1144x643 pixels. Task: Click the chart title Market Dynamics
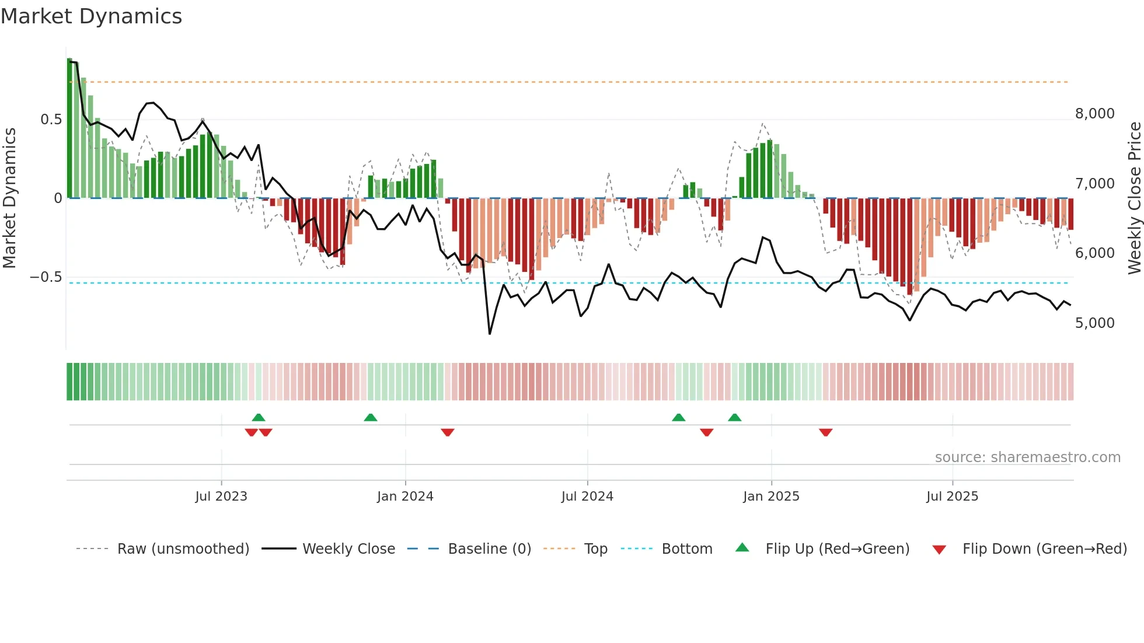click(91, 16)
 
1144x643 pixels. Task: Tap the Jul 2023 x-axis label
click(221, 497)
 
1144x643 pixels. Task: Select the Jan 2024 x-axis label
click(405, 497)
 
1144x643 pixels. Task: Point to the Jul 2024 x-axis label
click(587, 497)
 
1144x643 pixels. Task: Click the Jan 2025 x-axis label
click(771, 497)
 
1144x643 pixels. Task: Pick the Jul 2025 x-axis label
click(952, 497)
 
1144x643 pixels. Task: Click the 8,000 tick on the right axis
click(1094, 114)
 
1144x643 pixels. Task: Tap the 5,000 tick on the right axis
click(1094, 323)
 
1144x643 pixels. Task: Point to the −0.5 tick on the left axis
click(46, 277)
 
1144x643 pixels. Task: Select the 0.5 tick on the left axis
click(51, 120)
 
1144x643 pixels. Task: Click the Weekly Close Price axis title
click(1134, 198)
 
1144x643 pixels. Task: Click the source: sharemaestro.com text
click(1027, 457)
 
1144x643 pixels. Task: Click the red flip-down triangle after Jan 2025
click(825, 432)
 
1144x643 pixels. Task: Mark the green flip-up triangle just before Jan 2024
click(370, 417)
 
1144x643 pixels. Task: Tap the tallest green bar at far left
click(69, 128)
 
